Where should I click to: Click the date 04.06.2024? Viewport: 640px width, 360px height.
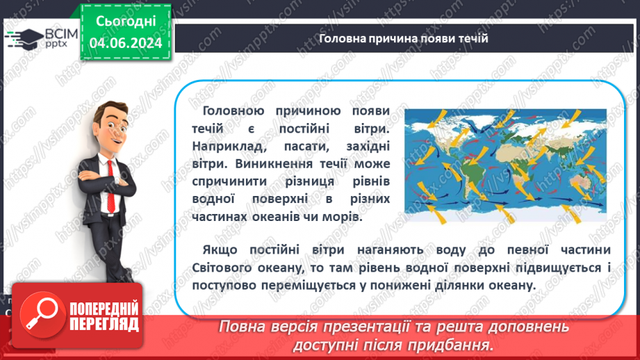point(125,42)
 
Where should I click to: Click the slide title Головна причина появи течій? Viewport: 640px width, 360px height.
point(403,38)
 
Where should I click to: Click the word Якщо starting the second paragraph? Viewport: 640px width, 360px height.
point(220,249)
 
